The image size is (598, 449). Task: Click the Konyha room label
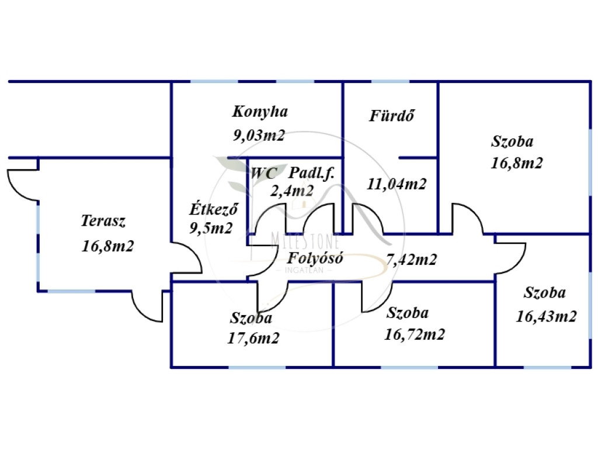pyautogui.click(x=260, y=111)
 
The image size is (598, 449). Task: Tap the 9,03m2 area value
pyautogui.click(x=259, y=136)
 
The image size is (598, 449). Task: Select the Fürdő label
pyautogui.click(x=392, y=116)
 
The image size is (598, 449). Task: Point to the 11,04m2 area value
pyautogui.click(x=397, y=184)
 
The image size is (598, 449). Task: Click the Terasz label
pyautogui.click(x=103, y=221)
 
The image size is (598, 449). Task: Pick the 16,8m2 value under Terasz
pyautogui.click(x=108, y=246)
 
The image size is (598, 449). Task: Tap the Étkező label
pyautogui.click(x=213, y=208)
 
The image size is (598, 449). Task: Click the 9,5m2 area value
pyautogui.click(x=211, y=228)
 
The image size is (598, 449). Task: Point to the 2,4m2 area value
pyautogui.click(x=291, y=190)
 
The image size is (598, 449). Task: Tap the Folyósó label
pyautogui.click(x=315, y=258)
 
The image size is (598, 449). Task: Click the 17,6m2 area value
pyautogui.click(x=253, y=337)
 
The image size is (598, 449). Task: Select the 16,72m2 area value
pyautogui.click(x=415, y=334)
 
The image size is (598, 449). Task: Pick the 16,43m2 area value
pyautogui.click(x=547, y=316)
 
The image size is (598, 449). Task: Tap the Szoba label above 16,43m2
pyautogui.click(x=544, y=293)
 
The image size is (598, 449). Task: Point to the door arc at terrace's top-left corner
pyautogui.click(x=23, y=186)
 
